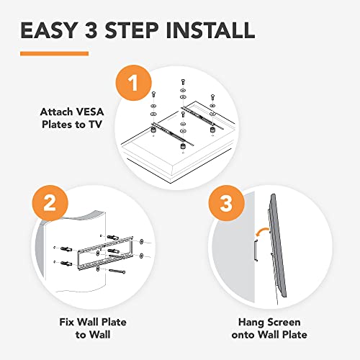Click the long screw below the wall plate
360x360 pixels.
(x=119, y=271)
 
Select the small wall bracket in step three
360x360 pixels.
(x=254, y=251)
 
